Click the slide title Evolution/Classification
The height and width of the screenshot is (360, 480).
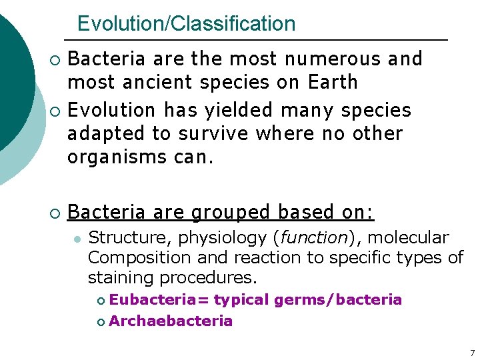(186, 24)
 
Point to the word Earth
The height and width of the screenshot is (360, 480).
(333, 83)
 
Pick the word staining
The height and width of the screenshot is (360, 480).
(117, 277)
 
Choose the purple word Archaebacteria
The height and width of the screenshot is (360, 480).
(171, 321)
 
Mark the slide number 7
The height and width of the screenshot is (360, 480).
(472, 353)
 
